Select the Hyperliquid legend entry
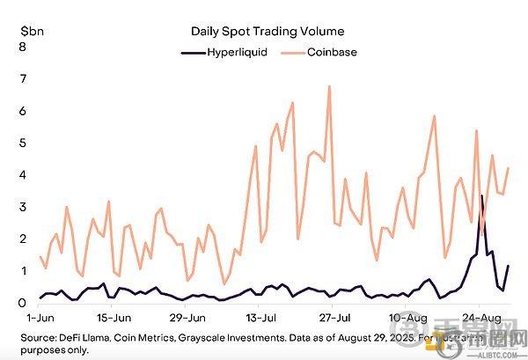tap(236, 52)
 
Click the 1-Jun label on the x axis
tap(41, 316)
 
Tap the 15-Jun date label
tap(114, 316)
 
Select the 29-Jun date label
tap(187, 316)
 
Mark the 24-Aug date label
tap(478, 316)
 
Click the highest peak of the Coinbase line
tap(329, 86)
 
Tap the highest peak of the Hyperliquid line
tap(481, 195)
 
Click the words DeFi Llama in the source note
tap(81, 337)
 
